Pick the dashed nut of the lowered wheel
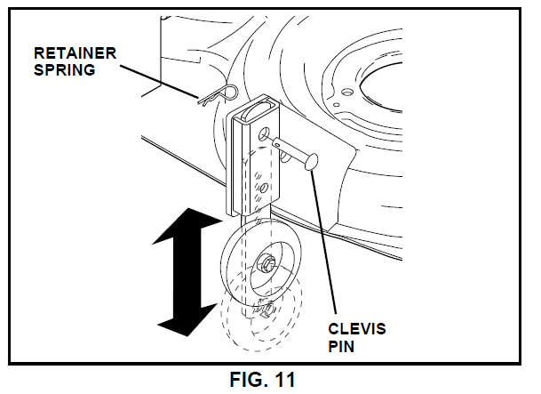264,311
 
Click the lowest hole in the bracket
264,188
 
